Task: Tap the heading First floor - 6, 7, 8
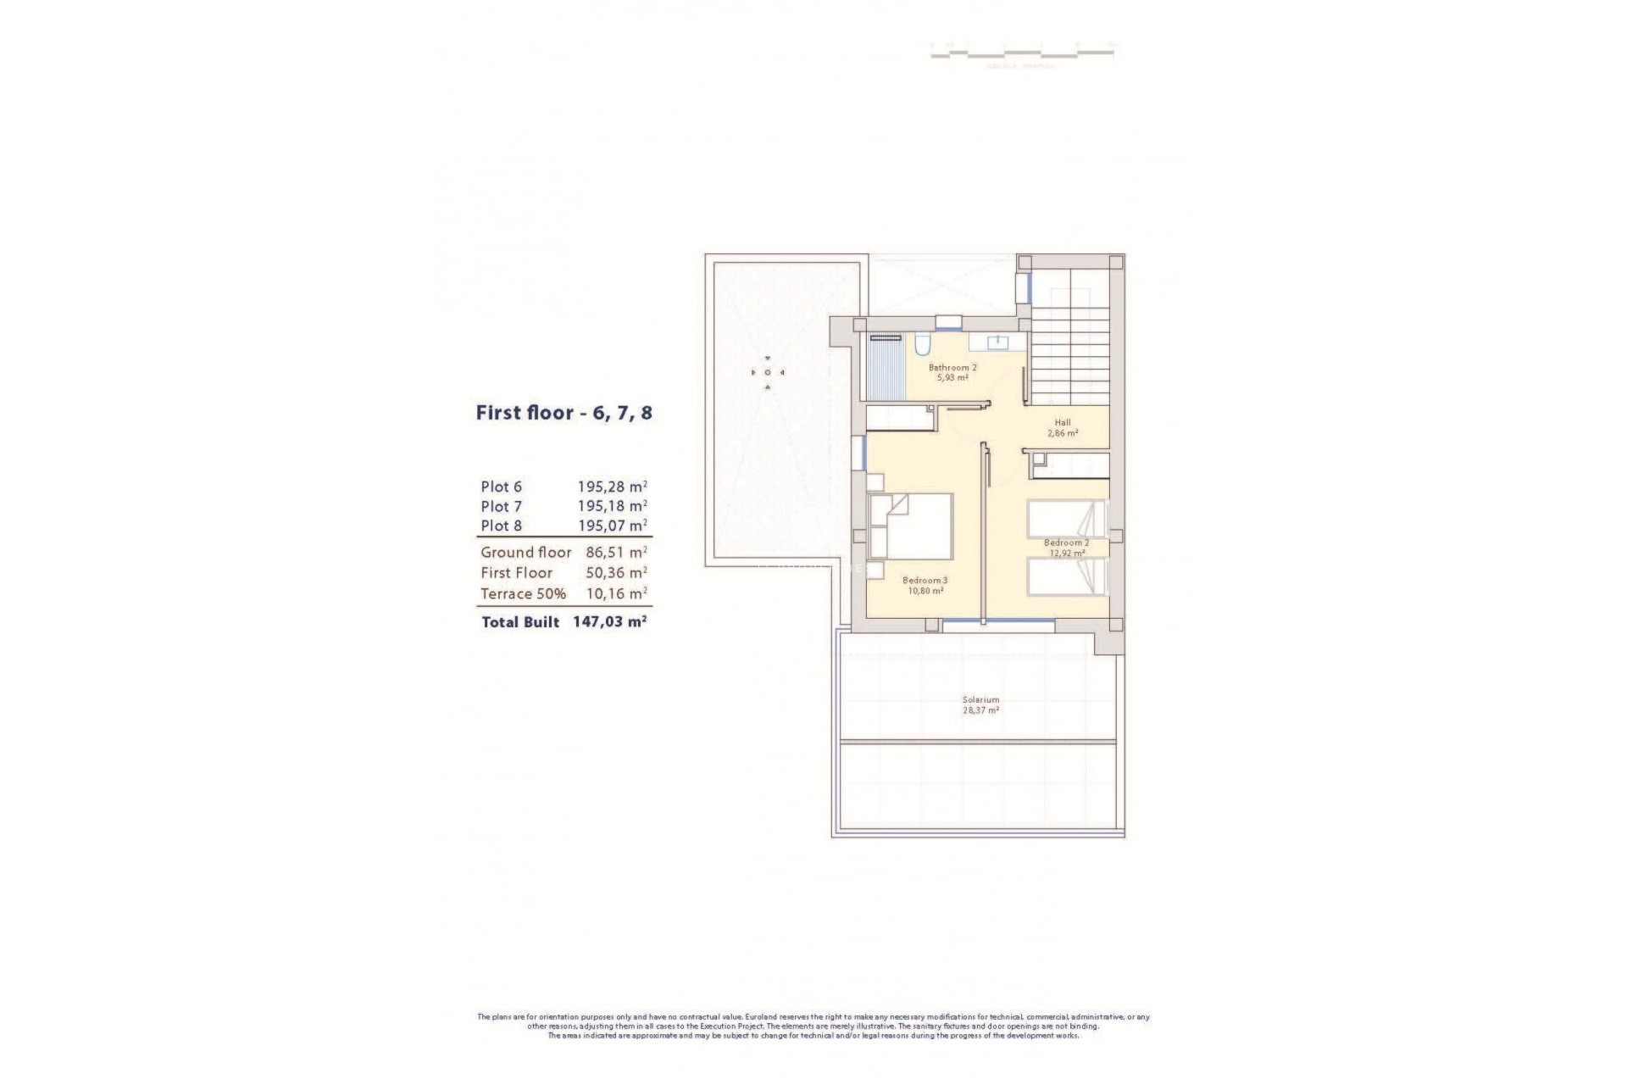[564, 414]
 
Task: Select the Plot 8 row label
[501, 526]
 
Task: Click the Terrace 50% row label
[523, 593]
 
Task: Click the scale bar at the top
[1022, 53]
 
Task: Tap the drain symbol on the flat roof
[768, 372]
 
